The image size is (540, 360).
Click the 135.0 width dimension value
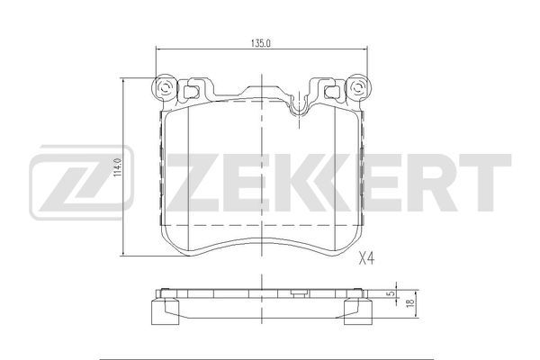click(x=261, y=43)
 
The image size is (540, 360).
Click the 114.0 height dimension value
click(x=117, y=167)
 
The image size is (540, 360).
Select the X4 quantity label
click(x=366, y=257)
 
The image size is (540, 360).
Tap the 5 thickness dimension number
click(x=391, y=293)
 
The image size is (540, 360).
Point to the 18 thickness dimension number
click(x=409, y=302)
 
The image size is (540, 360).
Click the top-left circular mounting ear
click(x=165, y=87)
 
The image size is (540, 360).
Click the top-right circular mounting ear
click(x=358, y=87)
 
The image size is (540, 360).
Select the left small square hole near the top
click(x=190, y=91)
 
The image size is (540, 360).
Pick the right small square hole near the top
click(x=332, y=91)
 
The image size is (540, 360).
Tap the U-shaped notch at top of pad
click(x=299, y=107)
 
